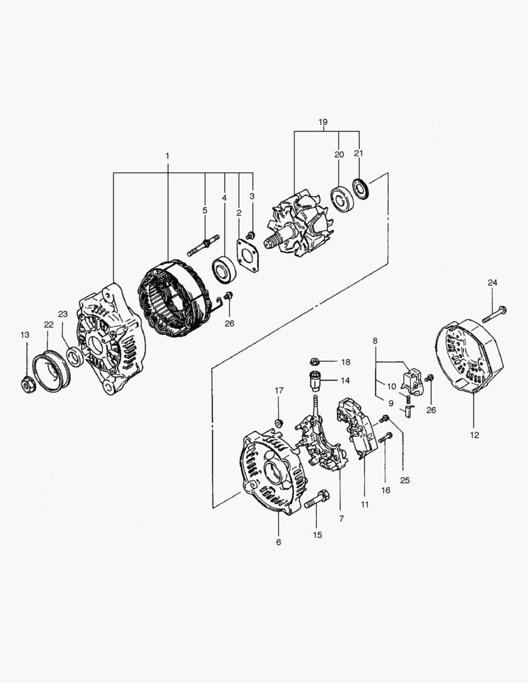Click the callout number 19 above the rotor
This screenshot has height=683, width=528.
pos(323,121)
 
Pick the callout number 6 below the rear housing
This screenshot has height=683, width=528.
pos(278,542)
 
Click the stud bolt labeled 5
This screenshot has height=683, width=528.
pos(204,244)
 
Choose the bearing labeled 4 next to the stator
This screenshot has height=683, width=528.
pos(224,269)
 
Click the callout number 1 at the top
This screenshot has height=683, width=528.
pos(168,156)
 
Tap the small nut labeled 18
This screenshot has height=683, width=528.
pos(314,362)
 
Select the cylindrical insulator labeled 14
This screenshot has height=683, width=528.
pos(315,382)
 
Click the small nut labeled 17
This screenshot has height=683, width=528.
pos(278,422)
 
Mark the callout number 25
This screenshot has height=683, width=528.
pos(405,480)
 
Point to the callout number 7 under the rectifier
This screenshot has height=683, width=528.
pos(341,518)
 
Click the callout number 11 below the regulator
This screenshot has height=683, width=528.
pos(365,505)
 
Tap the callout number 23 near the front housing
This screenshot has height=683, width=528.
pos(63,314)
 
